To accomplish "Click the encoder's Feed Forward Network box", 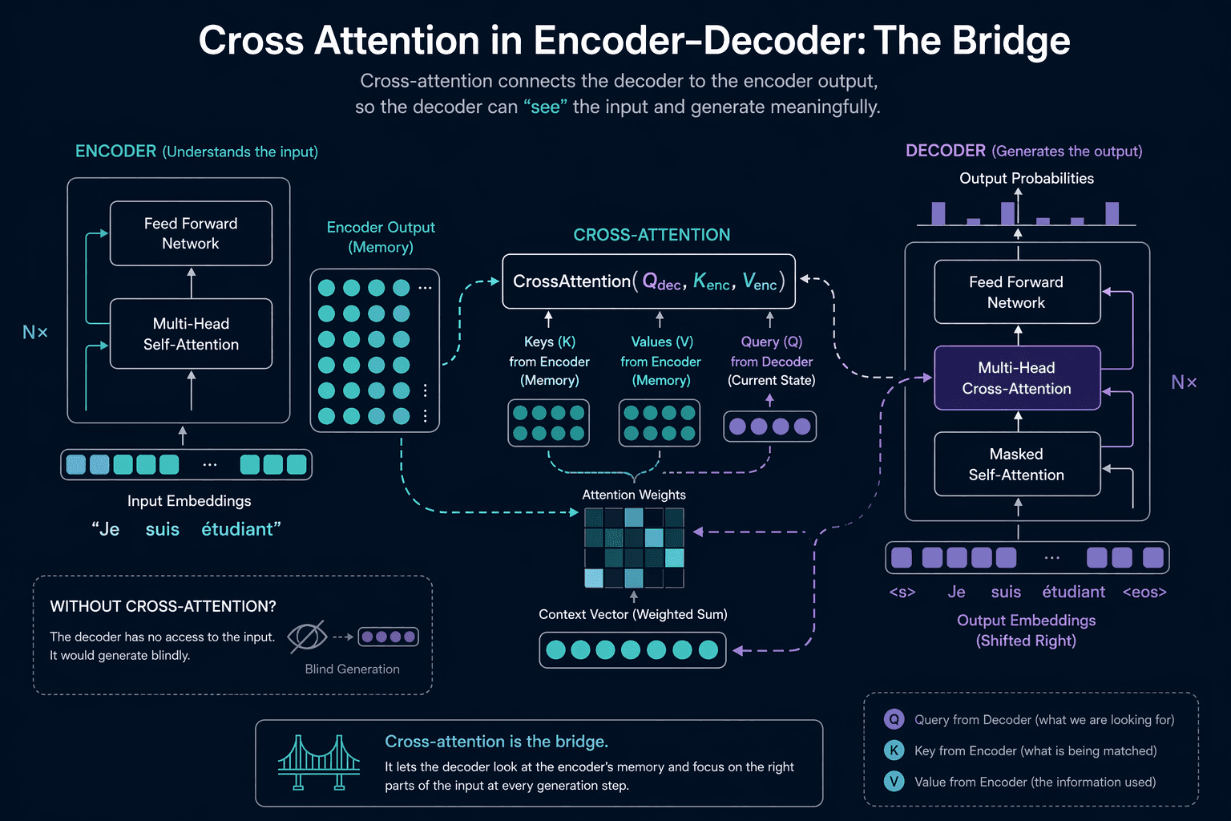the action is (x=191, y=233).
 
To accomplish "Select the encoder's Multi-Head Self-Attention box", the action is (x=191, y=334).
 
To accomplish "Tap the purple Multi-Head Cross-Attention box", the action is (x=1017, y=378).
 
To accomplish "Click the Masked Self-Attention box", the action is (x=1017, y=464).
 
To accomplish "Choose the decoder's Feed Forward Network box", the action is (x=1017, y=292).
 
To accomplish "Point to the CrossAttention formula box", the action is (x=648, y=281).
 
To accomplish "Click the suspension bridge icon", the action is (x=319, y=762).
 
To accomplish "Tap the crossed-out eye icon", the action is (x=307, y=637).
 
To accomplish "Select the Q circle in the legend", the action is (x=894, y=719).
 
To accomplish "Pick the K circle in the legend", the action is (x=894, y=750).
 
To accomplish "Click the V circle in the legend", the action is (x=894, y=782).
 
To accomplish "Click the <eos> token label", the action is (x=1144, y=592).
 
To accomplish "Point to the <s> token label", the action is (x=902, y=592).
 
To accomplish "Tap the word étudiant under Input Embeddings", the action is (x=238, y=529).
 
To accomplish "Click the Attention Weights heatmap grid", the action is (x=634, y=548).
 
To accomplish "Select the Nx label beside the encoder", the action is (x=35, y=332).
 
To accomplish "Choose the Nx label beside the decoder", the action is (x=1184, y=382).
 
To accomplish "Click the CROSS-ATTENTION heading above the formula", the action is (x=652, y=235).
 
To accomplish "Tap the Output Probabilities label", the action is (x=1027, y=178).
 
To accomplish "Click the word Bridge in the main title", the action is (x=1011, y=41).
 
